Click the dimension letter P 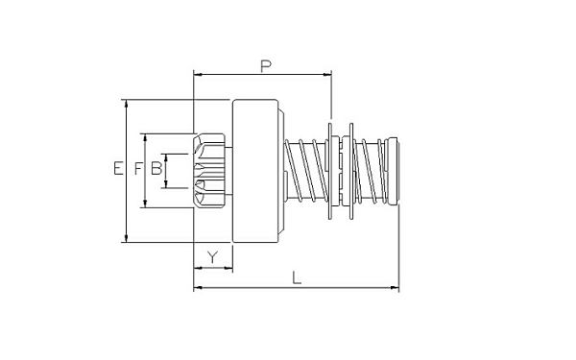click(x=266, y=66)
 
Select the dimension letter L click(x=297, y=277)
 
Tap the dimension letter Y click(x=213, y=257)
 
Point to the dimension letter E click(x=118, y=168)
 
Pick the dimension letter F click(x=137, y=169)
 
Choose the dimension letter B click(x=156, y=168)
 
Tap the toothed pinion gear click(x=209, y=171)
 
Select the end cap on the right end click(x=393, y=171)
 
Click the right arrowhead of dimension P click(x=327, y=75)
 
